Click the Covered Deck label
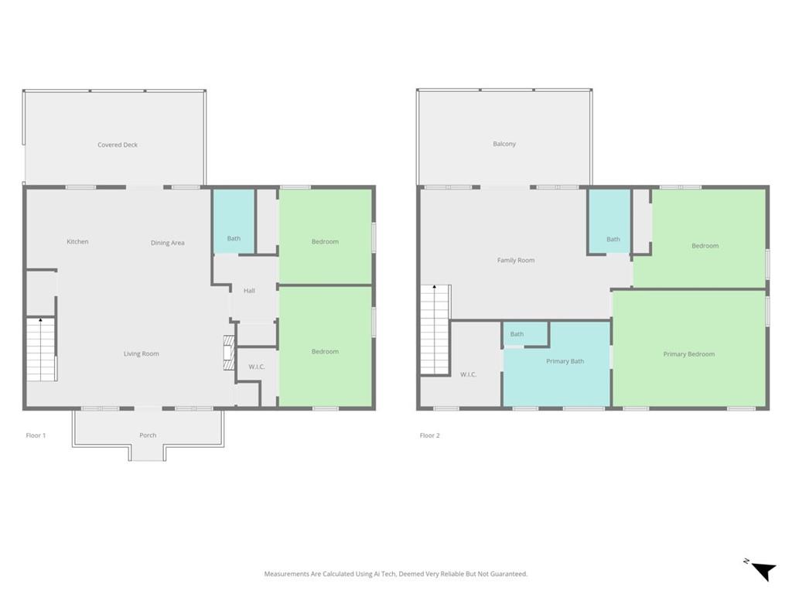tap(118, 145)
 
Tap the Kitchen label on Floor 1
tap(78, 242)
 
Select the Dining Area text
tap(168, 243)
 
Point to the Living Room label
tap(142, 354)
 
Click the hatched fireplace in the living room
tap(230, 353)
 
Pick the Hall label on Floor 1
tap(250, 291)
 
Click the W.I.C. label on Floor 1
tap(257, 367)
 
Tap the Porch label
tap(148, 435)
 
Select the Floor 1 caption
tap(36, 435)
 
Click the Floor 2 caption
tap(430, 435)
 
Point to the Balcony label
tap(504, 144)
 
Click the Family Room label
tap(516, 261)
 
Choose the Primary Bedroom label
tap(689, 354)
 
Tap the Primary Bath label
tap(565, 362)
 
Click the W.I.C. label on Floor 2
tap(468, 375)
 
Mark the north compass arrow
tap(763, 571)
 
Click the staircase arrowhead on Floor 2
tap(435, 287)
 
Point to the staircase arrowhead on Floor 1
tap(40, 320)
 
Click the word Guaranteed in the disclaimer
tap(509, 575)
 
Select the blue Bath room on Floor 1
tap(234, 221)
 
